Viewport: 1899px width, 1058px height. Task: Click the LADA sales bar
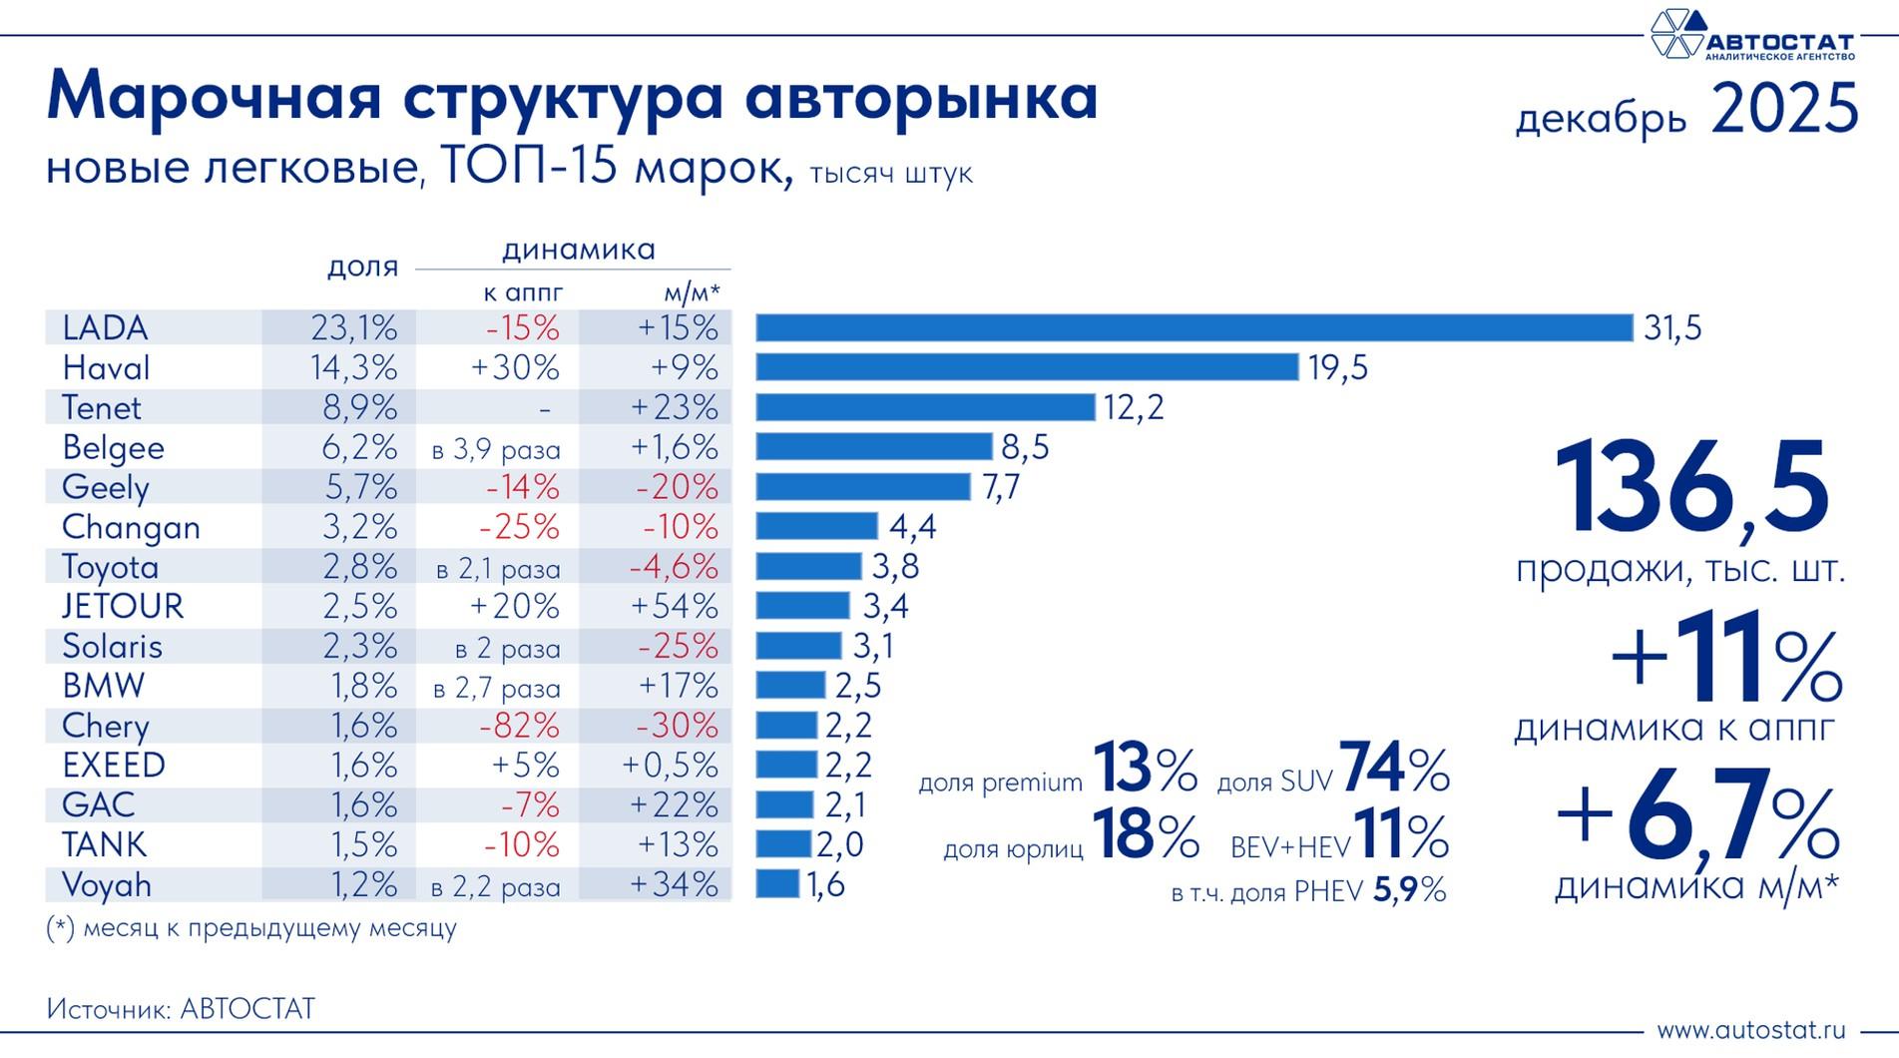[1193, 327]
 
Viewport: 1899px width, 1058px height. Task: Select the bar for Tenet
[925, 407]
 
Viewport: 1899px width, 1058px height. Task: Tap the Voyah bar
[777, 884]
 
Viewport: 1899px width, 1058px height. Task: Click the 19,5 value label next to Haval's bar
[1338, 368]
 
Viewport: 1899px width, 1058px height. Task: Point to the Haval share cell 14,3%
[353, 368]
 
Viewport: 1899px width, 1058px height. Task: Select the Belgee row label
[113, 447]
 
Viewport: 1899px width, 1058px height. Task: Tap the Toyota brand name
[110, 567]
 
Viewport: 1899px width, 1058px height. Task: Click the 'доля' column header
[362, 266]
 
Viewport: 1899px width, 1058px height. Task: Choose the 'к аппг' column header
[523, 292]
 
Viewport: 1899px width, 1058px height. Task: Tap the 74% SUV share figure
[1393, 770]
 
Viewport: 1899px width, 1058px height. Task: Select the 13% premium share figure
[1144, 770]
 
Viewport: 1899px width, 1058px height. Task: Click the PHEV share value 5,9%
[1409, 890]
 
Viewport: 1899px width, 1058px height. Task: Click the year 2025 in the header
[1783, 110]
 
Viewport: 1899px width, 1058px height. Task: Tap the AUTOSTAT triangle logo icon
[1676, 34]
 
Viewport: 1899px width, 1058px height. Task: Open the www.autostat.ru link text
[1751, 1030]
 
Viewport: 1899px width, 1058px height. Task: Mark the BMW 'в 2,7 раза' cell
[496, 689]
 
